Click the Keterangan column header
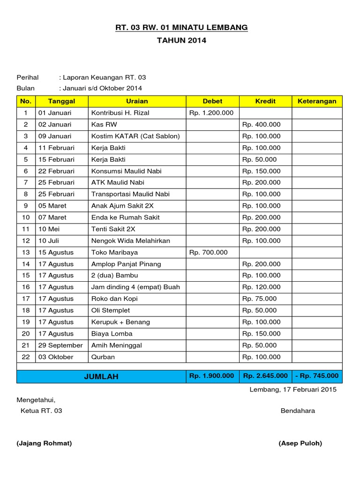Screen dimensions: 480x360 pos(317,101)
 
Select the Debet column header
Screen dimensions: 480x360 pos(212,101)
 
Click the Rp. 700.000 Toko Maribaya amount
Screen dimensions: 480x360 pos(208,253)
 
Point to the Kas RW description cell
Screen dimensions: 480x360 pos(105,125)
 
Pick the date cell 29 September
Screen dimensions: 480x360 pos(60,345)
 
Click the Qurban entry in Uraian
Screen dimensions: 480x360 pos(103,357)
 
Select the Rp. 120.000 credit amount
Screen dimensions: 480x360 pos(262,287)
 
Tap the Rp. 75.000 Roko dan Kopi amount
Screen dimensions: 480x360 pos(260,299)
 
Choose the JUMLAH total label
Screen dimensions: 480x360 pos(101,376)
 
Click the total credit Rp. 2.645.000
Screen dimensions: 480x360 pos(265,376)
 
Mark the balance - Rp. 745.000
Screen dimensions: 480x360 pos(317,376)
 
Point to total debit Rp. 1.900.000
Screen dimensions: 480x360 pos(212,376)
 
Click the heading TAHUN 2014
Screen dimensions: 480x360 pos(182,41)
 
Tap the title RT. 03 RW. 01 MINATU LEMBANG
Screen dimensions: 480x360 pos(182,28)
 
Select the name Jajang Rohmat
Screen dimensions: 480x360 pos(44,443)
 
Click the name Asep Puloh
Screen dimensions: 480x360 pos(300,443)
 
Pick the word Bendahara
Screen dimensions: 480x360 pos(298,411)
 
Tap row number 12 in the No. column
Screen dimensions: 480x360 pos(26,241)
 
